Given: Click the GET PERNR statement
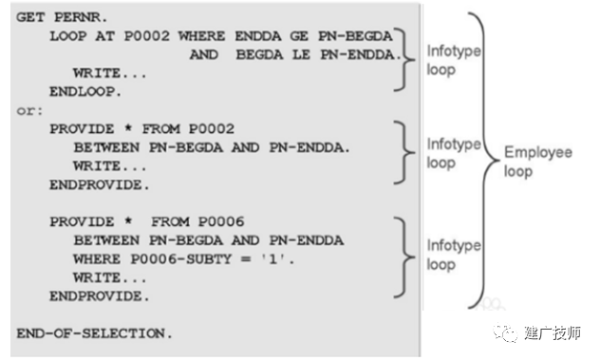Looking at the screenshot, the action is click(62, 17).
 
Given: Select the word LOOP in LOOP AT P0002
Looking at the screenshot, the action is click(68, 36).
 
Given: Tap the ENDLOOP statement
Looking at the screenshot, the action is click(85, 91).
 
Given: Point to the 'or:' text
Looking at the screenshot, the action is click(29, 111).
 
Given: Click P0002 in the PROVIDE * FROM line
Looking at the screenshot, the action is click(211, 128).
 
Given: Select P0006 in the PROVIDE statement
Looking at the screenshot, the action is click(221, 221).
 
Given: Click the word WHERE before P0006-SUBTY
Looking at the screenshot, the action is click(97, 259).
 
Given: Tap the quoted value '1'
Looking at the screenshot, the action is click(272, 259).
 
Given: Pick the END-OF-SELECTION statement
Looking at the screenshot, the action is click(94, 333).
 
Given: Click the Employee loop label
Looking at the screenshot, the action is click(538, 161).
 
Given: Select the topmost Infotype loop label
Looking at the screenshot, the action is click(454, 60).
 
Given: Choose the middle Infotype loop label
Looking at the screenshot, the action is click(454, 153).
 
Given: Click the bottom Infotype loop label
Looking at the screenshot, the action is click(454, 255).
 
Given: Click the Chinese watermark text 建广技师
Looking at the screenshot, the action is click(553, 332).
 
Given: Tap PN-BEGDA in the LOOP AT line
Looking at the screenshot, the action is click(355, 36).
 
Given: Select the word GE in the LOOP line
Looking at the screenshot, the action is click(299, 36).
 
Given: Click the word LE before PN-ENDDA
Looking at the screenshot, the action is click(302, 54).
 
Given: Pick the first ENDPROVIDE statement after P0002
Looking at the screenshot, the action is click(99, 184).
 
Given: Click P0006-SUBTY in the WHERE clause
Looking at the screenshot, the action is click(181, 259).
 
